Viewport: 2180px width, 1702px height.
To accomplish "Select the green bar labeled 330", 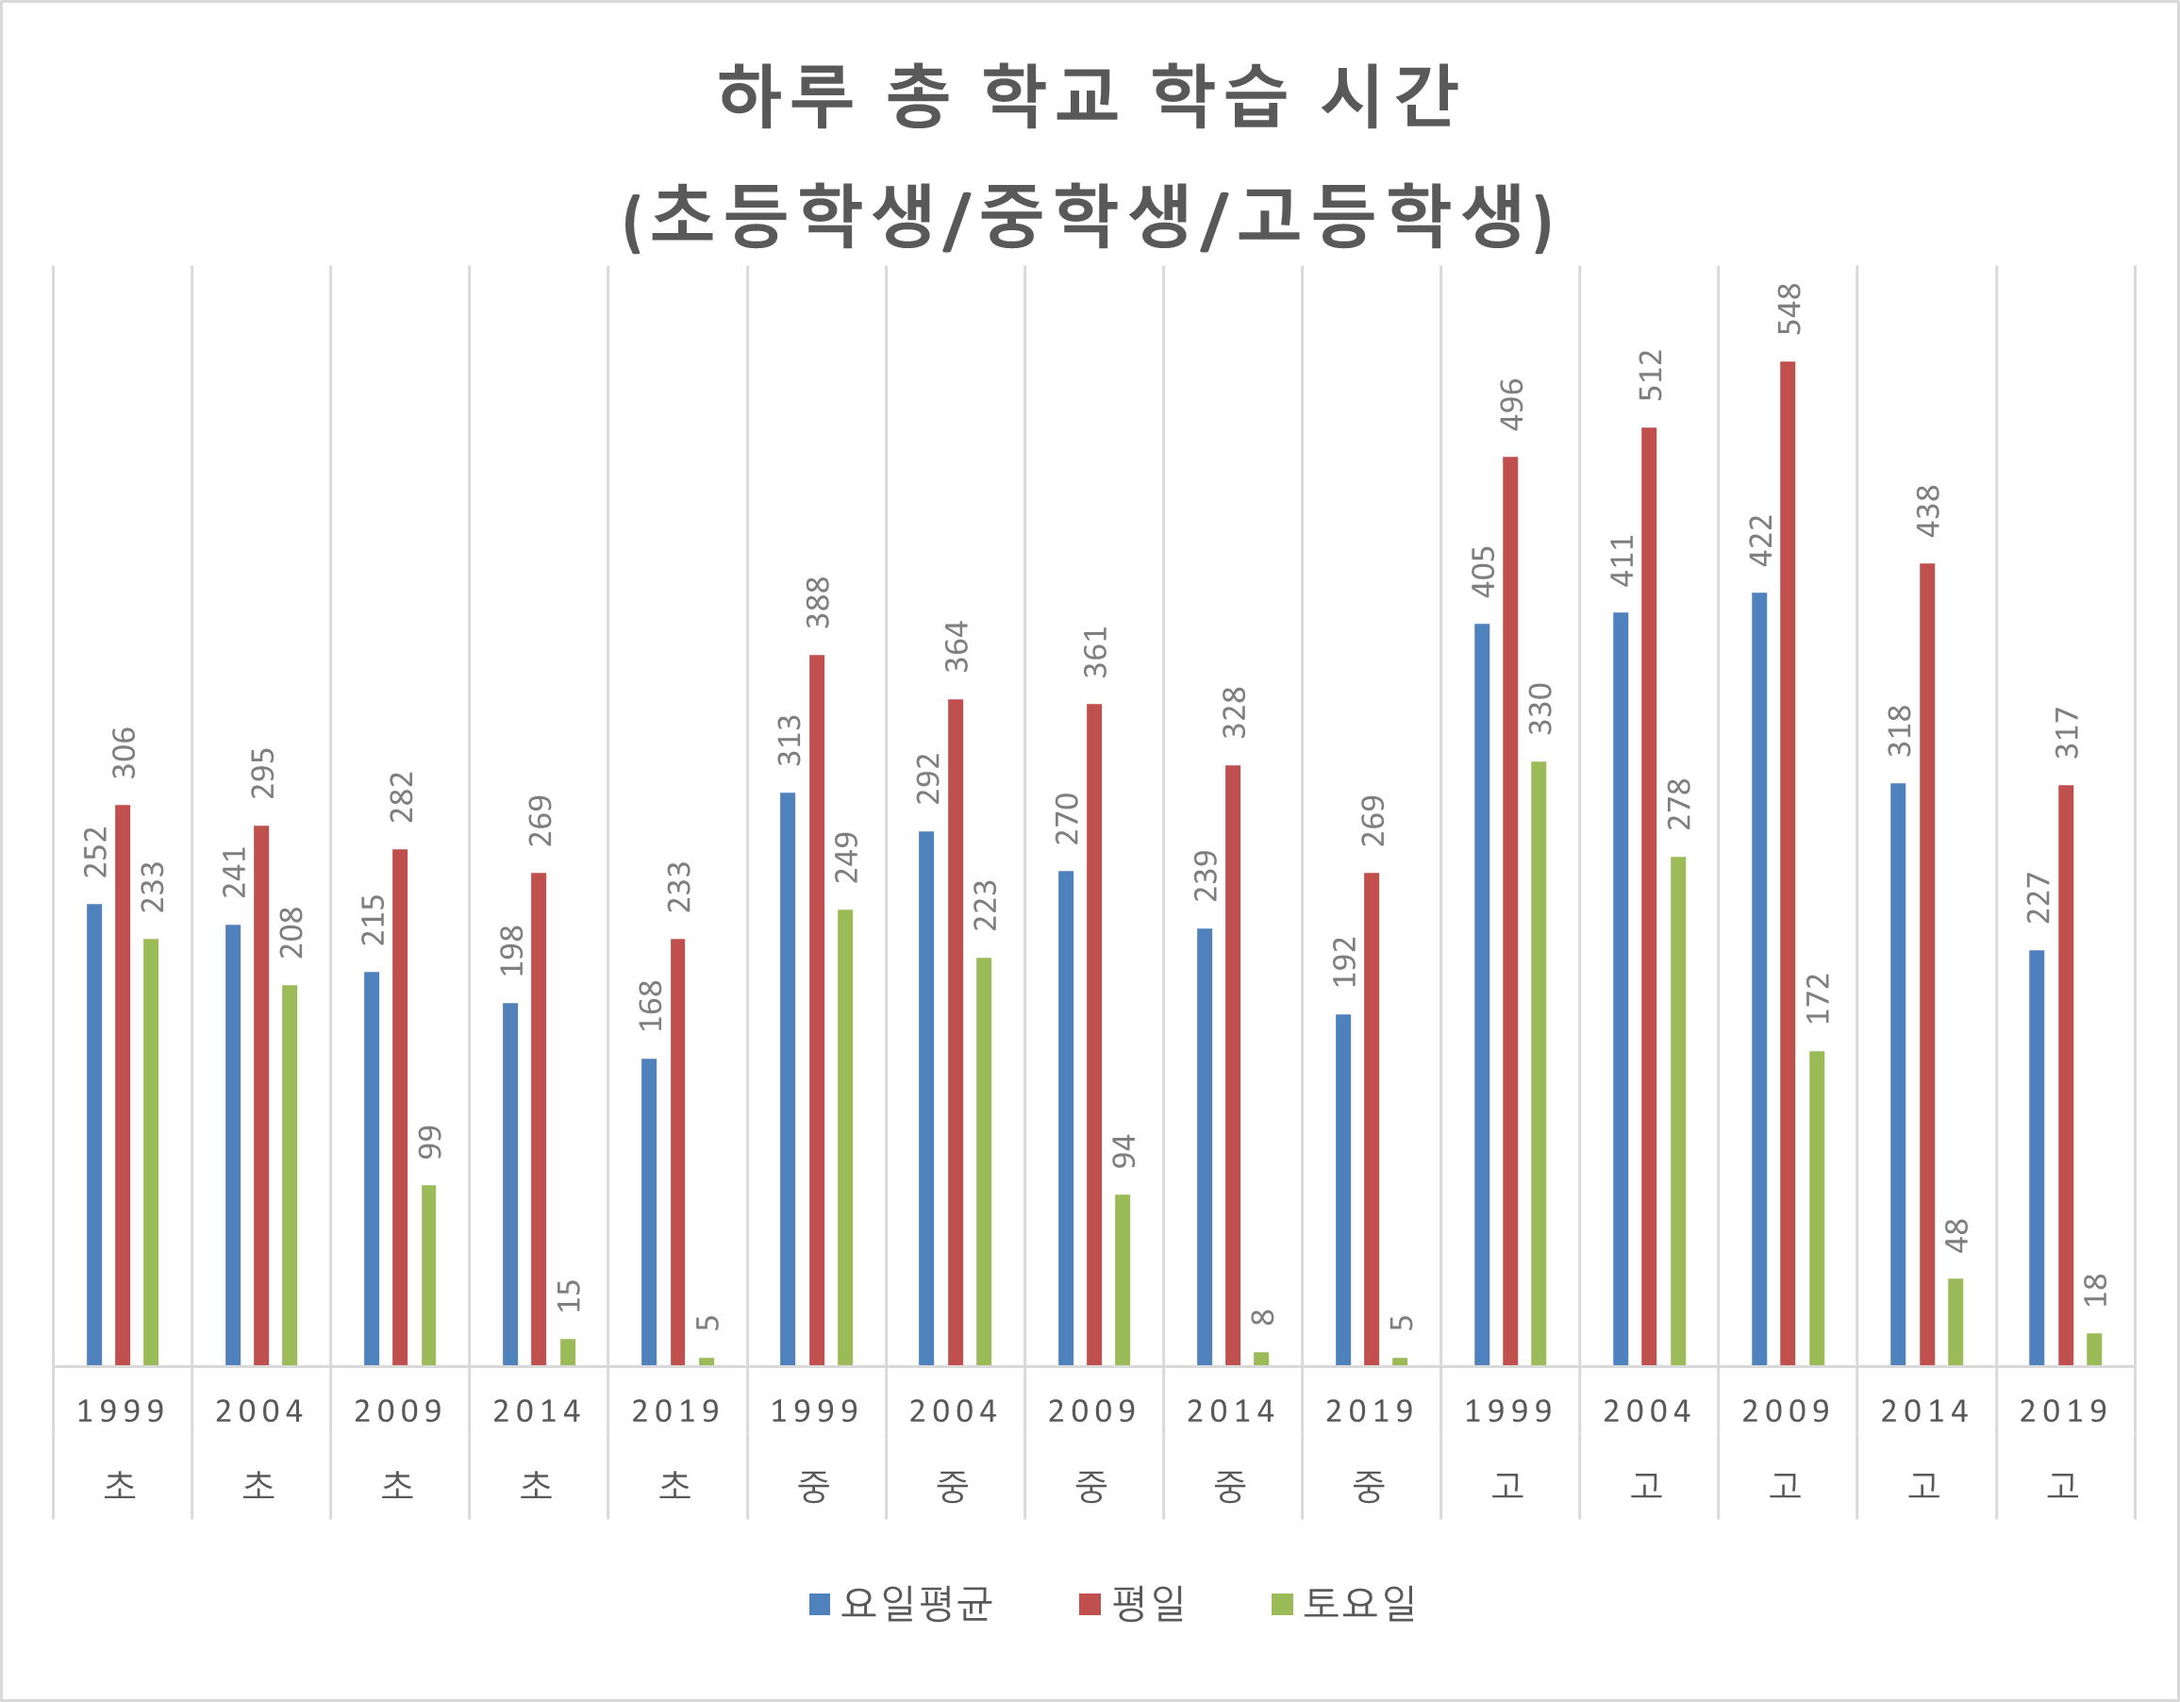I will [1539, 1063].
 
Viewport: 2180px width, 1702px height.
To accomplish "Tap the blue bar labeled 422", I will [1758, 978].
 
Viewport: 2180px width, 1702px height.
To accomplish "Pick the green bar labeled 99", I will [428, 1275].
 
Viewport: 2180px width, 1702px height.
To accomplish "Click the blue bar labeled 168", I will [649, 1211].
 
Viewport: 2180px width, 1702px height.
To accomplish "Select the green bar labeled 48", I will [1955, 1322].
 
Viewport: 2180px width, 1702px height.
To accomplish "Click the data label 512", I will [1651, 375].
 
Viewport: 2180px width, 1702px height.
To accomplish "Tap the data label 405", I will [1483, 572].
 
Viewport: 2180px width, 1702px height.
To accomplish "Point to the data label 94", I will [1123, 1151].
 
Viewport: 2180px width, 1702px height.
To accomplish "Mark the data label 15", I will [569, 1295].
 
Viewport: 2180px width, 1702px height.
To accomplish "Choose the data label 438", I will [1928, 511].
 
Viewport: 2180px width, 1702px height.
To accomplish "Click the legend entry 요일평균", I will [902, 1604].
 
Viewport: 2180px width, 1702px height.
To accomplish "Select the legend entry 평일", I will [1133, 1604].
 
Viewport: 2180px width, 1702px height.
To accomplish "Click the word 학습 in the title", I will [1220, 97].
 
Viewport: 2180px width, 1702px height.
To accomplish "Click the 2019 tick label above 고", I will [2064, 1411].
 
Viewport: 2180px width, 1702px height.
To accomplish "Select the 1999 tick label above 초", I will [122, 1411].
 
